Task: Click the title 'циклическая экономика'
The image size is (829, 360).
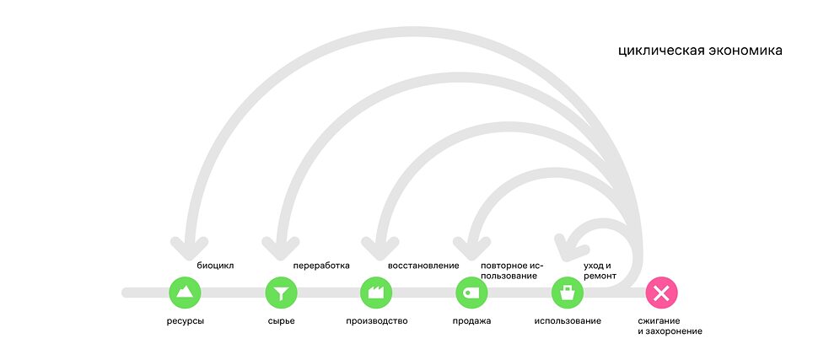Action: click(x=700, y=51)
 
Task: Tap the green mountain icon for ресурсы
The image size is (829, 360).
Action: click(x=186, y=293)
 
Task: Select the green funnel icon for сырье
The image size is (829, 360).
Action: click(x=281, y=293)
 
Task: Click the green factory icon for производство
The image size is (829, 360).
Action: click(x=376, y=293)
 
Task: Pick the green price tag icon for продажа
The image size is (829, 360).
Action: click(x=471, y=293)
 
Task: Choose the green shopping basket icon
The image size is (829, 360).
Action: click(x=568, y=293)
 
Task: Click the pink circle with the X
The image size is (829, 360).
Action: click(x=662, y=293)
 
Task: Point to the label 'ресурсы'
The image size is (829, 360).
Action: click(x=186, y=321)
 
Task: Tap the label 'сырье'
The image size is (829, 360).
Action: click(x=281, y=321)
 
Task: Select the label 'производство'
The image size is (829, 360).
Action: click(x=376, y=321)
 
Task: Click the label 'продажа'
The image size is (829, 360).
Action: click(x=471, y=321)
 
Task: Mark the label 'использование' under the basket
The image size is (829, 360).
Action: click(x=568, y=321)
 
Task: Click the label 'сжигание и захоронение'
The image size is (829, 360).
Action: click(x=670, y=326)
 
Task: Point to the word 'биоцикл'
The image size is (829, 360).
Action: click(x=215, y=266)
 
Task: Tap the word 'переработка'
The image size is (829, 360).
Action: click(x=320, y=266)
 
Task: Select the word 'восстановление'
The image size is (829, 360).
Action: click(x=423, y=266)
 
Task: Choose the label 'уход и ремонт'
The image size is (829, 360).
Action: click(x=600, y=271)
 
